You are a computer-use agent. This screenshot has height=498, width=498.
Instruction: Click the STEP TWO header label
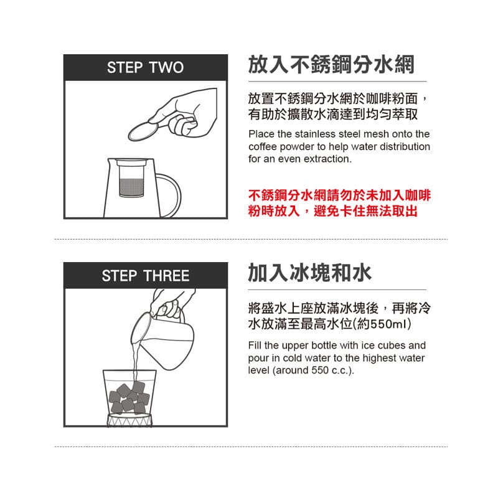click(x=145, y=68)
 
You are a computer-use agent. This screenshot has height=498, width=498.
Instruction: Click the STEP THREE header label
click(x=145, y=276)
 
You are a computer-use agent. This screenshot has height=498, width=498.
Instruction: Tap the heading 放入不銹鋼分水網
click(x=331, y=64)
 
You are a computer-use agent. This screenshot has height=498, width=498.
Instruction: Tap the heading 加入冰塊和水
click(x=309, y=273)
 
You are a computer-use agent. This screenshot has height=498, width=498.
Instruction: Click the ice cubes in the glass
click(x=129, y=396)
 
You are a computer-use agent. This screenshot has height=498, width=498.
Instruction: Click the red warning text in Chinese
click(x=339, y=203)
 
